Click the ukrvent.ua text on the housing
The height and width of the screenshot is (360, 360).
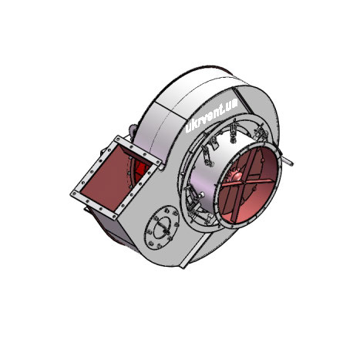point(211,116)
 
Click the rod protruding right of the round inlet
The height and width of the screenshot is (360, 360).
point(287,160)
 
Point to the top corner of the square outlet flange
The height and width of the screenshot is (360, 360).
point(118,136)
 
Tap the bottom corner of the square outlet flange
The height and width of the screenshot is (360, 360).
point(115,220)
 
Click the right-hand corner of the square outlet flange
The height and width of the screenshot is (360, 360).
point(161,162)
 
